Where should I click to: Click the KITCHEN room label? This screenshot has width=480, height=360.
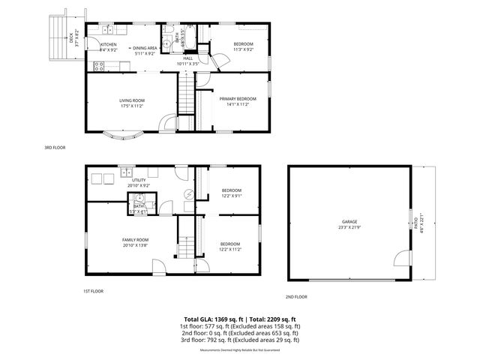coord(109,44)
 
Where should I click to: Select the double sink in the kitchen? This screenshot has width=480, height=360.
coord(109,30)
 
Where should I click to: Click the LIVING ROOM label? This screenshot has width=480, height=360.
coord(132,100)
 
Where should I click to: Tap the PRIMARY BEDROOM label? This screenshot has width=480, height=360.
coord(234,98)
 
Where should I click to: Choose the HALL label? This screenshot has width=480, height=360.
coord(188,58)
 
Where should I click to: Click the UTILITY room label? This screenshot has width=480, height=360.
coord(139,180)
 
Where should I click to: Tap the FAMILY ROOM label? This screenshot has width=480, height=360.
coord(134,240)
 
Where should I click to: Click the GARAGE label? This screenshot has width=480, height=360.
coord(349,222)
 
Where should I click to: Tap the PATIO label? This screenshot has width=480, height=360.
coord(415,223)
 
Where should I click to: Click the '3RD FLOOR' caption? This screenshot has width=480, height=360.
coord(55,148)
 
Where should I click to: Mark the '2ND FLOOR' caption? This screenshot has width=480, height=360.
coord(296,298)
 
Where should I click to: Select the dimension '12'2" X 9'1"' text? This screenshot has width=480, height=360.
coord(231,196)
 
